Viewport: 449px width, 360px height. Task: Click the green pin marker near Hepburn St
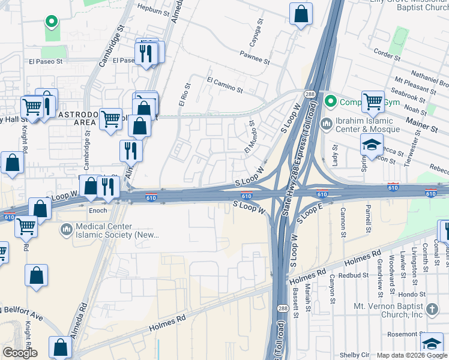coord(52,22)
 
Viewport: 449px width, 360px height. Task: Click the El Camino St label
coord(224,84)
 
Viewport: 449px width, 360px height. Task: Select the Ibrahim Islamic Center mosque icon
coord(327,124)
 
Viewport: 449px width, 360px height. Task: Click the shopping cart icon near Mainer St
coord(373,101)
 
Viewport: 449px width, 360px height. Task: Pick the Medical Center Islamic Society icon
coord(65,229)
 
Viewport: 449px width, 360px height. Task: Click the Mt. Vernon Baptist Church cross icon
coord(432,310)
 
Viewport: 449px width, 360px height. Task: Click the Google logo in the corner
coord(20,353)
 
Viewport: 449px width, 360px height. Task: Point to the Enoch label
coord(98,211)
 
